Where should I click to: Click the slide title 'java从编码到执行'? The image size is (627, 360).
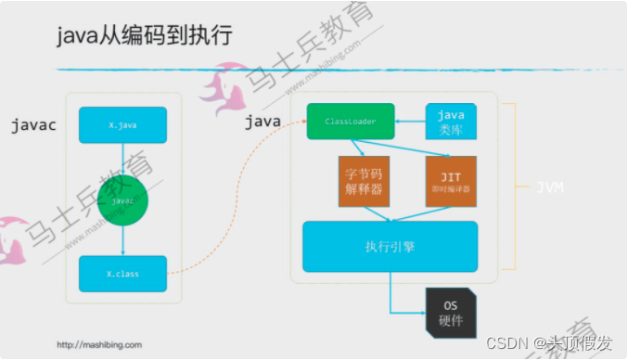[144, 36]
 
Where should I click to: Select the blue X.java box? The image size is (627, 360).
[122, 124]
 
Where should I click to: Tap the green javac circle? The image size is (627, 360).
[122, 198]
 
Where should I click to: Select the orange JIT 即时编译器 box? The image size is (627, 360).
[451, 182]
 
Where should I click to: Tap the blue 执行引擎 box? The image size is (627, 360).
[390, 247]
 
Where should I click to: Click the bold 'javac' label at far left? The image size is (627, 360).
[34, 124]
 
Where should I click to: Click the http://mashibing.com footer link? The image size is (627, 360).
[99, 344]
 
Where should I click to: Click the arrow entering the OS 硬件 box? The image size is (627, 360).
[408, 312]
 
